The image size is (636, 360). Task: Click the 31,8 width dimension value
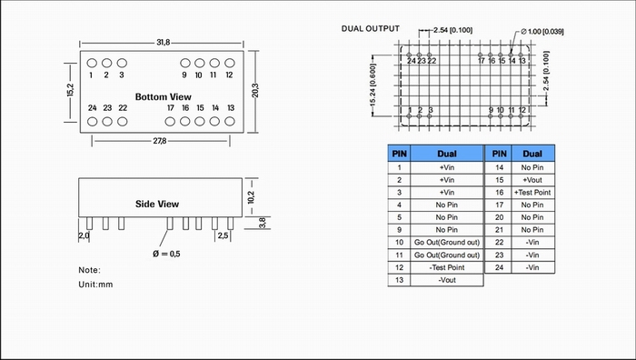click(164, 42)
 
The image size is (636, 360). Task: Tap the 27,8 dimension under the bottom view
click(160, 141)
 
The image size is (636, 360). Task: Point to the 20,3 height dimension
click(255, 91)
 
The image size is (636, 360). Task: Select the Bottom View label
click(163, 97)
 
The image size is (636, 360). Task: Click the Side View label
click(157, 204)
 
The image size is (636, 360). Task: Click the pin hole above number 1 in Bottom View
click(92, 63)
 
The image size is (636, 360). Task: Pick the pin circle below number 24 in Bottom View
click(93, 121)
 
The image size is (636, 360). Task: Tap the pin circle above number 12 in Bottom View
click(230, 63)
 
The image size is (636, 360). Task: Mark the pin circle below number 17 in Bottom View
click(170, 121)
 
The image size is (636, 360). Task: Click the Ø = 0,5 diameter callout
click(166, 254)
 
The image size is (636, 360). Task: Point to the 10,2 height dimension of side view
click(251, 197)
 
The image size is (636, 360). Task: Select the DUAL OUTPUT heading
click(371, 28)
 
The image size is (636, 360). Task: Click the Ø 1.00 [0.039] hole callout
click(542, 31)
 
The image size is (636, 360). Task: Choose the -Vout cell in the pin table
click(447, 280)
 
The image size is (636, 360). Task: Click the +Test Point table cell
click(532, 193)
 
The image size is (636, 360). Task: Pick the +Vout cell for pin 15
click(532, 180)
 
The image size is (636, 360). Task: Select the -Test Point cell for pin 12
click(447, 267)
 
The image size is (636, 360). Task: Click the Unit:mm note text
click(95, 285)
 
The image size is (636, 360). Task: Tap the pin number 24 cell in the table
click(499, 267)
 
